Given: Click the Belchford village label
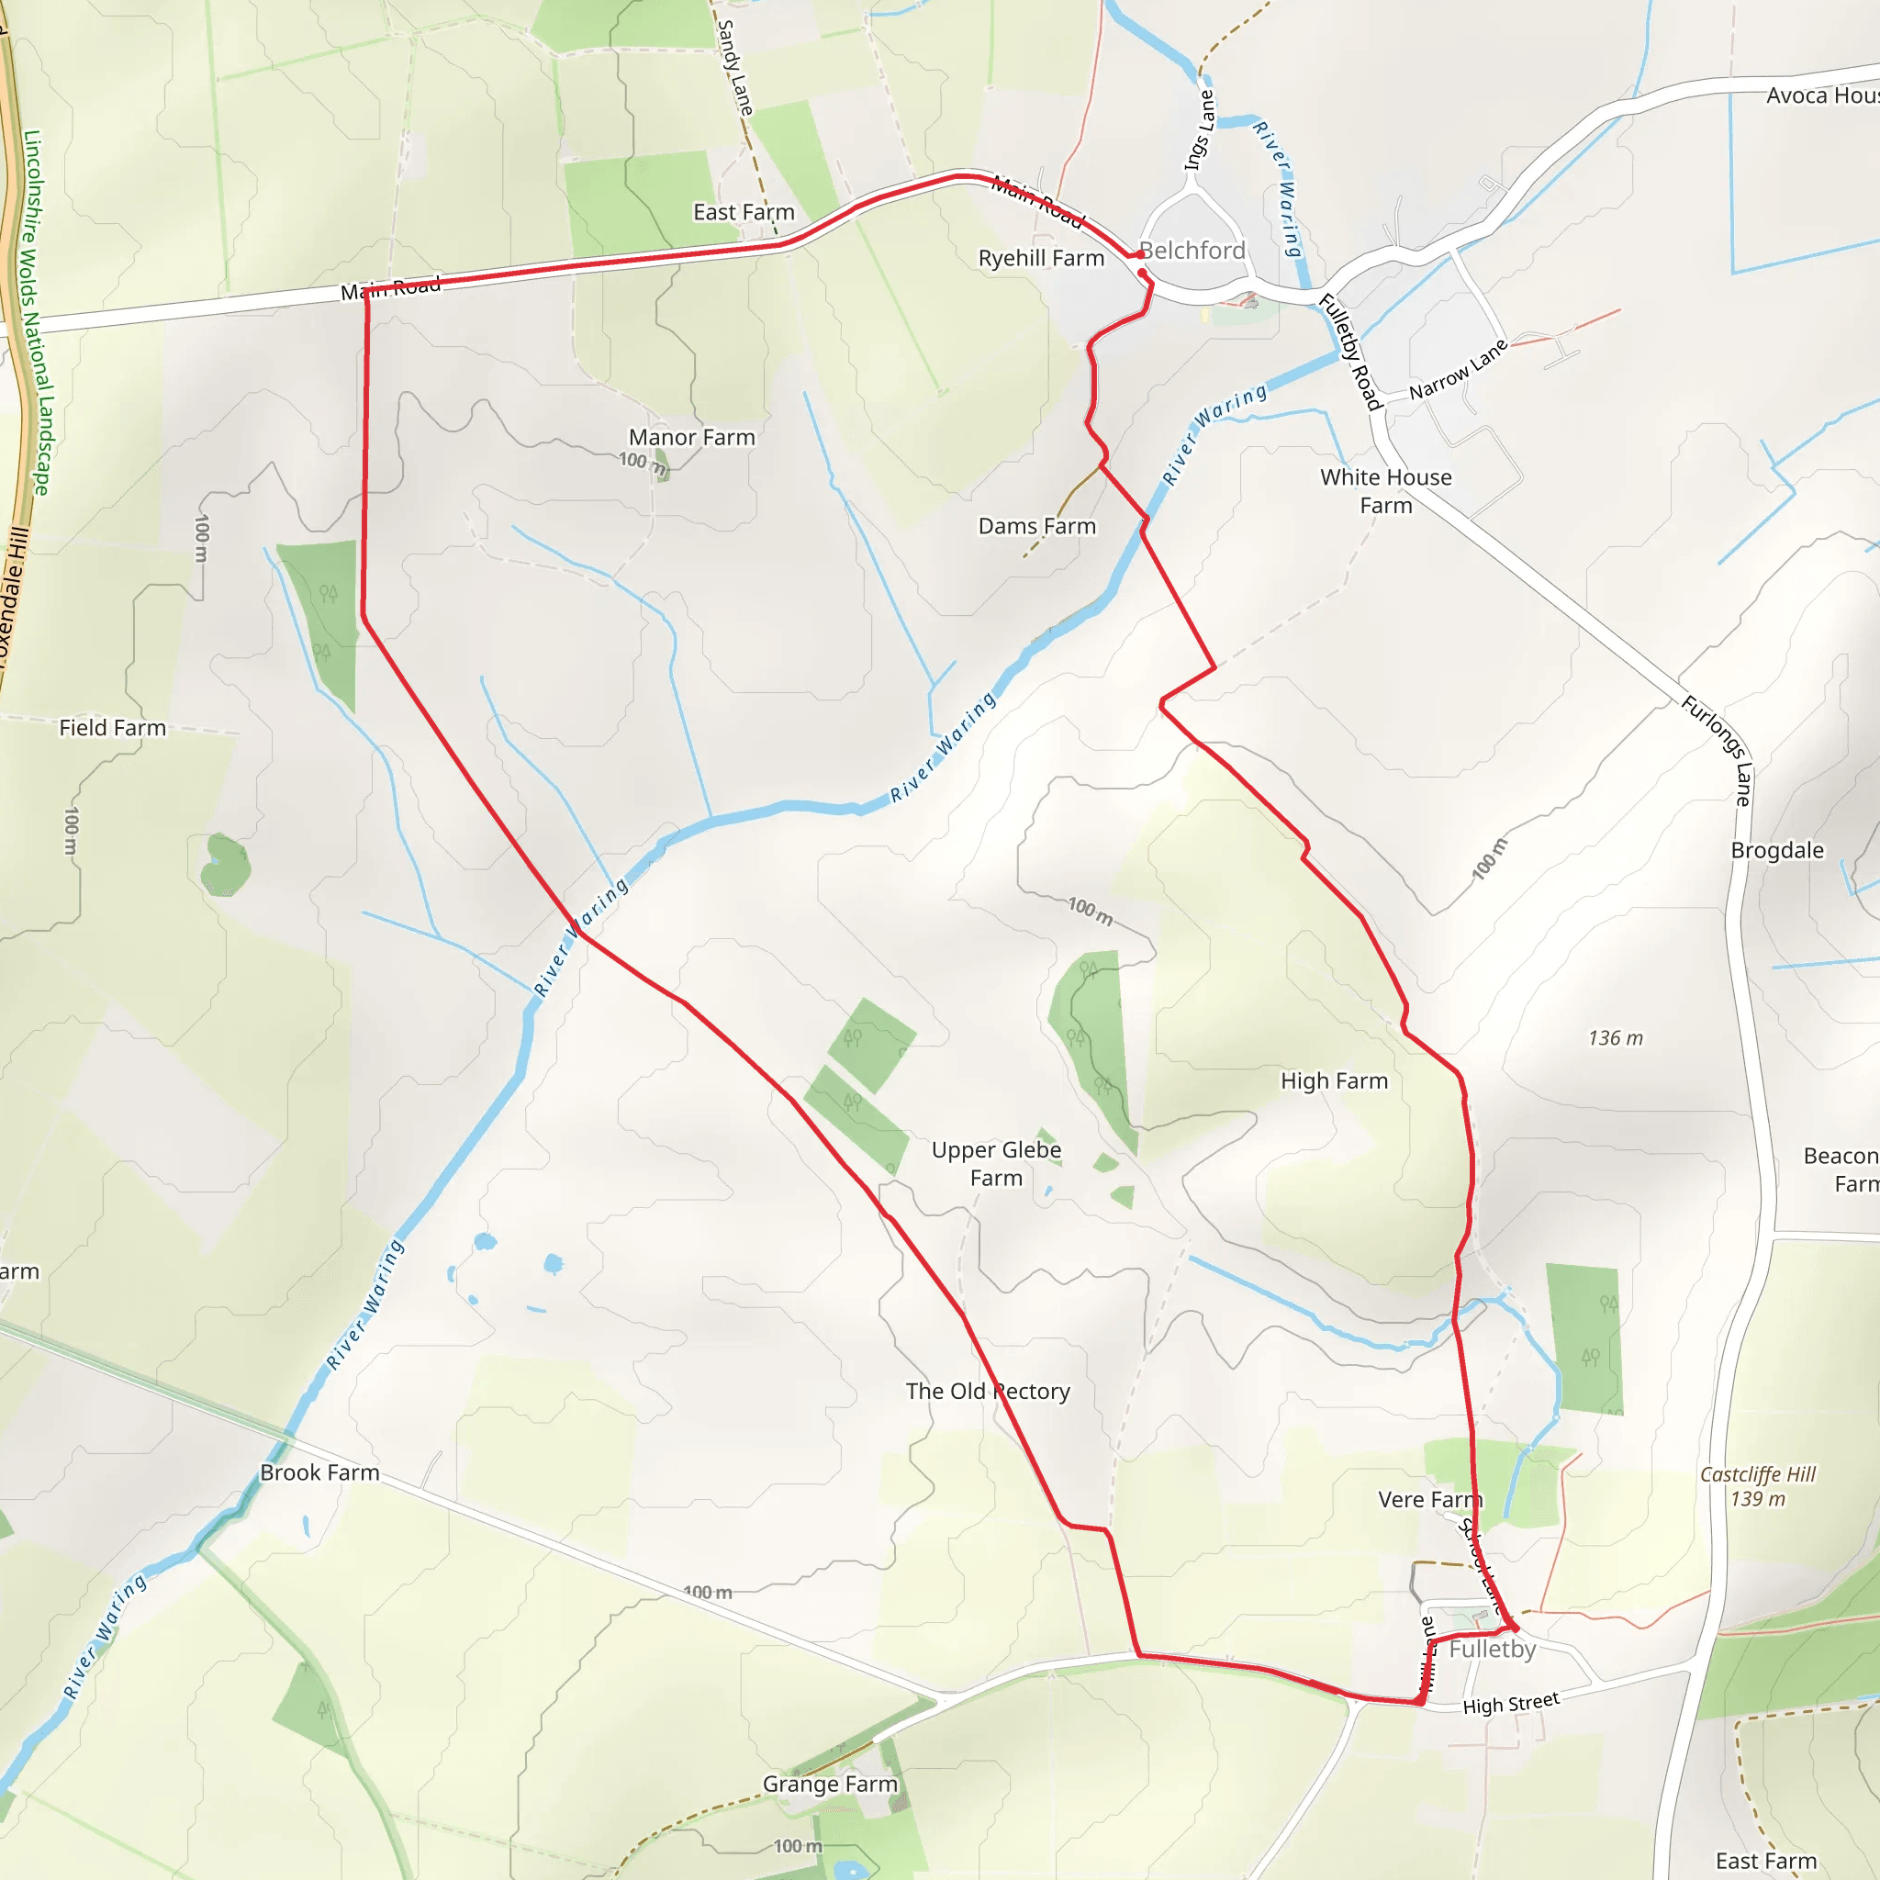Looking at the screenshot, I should [x=1192, y=251].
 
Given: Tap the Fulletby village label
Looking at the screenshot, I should [x=1492, y=1649].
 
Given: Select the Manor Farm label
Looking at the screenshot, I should [x=692, y=438].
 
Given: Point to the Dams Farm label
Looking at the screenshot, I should [x=1036, y=526].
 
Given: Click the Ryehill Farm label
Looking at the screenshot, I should [x=1041, y=259].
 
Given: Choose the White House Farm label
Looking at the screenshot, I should [x=1385, y=491].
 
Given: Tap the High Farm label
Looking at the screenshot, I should [x=1334, y=1081].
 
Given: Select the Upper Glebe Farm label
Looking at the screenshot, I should [x=996, y=1164].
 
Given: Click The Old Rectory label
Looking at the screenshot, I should [x=988, y=1392].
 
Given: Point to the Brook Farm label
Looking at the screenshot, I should [x=319, y=1472].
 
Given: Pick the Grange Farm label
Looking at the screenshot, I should [x=830, y=1784].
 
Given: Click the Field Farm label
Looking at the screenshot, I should [x=113, y=728].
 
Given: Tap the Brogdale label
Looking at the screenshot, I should [x=1777, y=850].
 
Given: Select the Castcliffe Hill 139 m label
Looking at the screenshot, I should [x=1757, y=1486].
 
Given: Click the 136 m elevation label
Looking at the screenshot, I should [x=1616, y=1038].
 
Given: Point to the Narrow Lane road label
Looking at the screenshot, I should [x=1459, y=370].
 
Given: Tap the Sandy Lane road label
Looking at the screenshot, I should [x=734, y=68].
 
